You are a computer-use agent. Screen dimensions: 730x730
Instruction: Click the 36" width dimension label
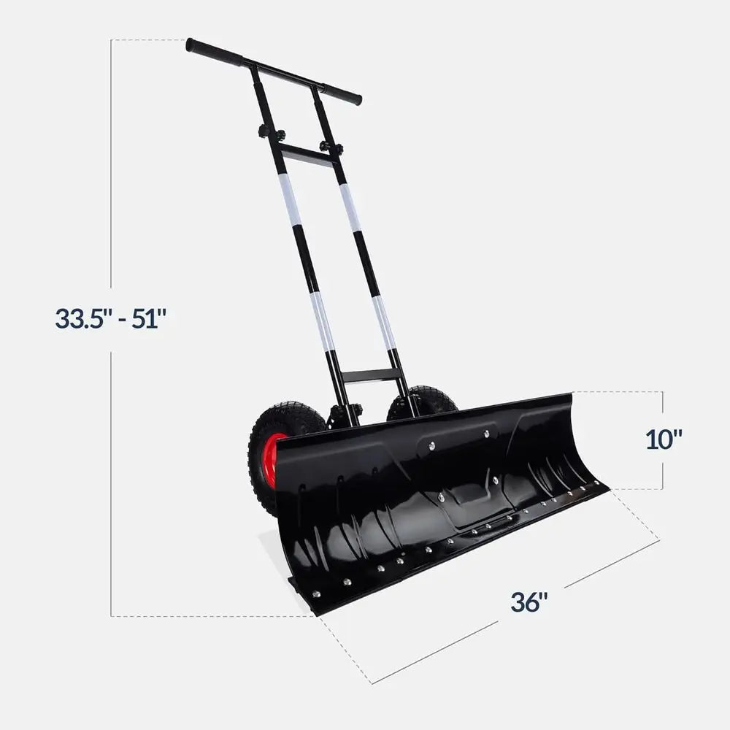(x=529, y=602)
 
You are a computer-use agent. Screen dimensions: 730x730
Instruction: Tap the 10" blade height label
(x=664, y=439)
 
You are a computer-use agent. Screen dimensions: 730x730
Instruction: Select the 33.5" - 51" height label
(x=111, y=319)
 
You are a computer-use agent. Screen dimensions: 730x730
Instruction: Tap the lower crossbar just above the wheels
(x=371, y=376)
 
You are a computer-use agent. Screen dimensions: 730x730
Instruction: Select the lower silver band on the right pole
(x=385, y=321)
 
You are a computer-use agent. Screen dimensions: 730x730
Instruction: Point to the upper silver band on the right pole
(x=350, y=207)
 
